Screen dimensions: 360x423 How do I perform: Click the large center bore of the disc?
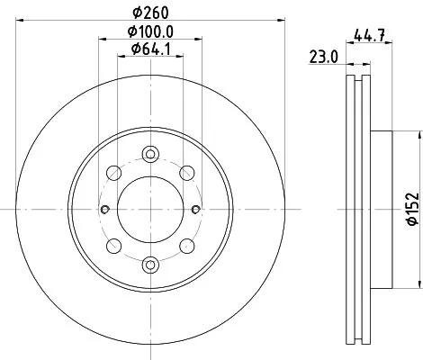149,209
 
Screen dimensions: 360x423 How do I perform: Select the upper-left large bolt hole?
112,172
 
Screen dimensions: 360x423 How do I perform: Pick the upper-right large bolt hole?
186,172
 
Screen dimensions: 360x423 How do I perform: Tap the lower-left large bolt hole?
112,246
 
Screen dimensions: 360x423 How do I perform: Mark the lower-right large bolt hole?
186,246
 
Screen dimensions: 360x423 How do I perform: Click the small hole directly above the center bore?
149,156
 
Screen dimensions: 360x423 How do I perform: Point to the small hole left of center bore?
105,210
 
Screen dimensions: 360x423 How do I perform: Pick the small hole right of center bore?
193,210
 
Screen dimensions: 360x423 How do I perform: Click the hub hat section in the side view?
382,209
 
